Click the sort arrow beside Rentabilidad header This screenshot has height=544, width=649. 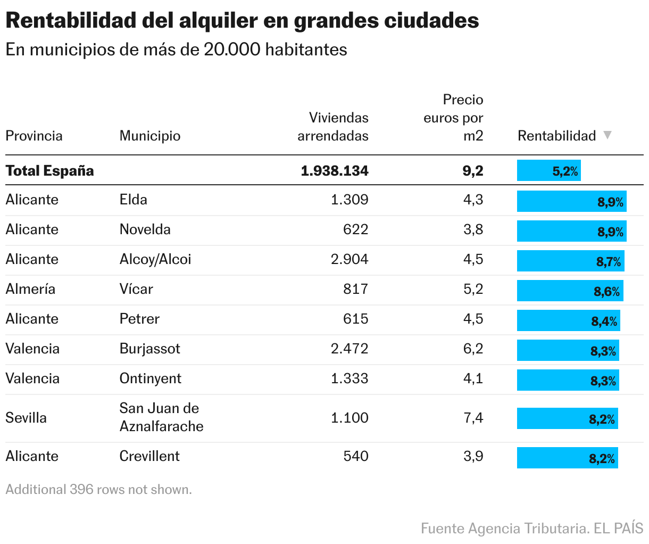point(608,135)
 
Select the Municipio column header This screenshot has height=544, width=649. point(149,136)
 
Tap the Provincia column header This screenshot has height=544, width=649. point(34,136)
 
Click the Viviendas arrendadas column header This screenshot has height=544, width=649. point(333,127)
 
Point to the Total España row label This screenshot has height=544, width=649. point(49,171)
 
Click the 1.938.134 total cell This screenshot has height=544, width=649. point(334,171)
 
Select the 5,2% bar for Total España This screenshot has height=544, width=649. point(548,171)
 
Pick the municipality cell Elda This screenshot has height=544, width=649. point(133,200)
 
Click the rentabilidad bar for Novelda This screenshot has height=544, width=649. point(571,232)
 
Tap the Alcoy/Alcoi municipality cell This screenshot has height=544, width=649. point(155,259)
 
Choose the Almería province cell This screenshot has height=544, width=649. point(30,289)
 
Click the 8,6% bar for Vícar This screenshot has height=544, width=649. point(570,291)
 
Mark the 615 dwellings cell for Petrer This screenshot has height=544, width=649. point(355,319)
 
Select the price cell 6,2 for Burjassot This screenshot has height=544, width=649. point(473,349)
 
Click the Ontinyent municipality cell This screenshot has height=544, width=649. point(150,378)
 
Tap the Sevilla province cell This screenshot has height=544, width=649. point(26,418)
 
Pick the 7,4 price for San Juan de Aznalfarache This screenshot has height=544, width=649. point(473,418)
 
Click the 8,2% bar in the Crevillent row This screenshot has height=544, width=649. point(567,458)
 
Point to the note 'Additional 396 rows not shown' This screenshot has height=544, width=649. point(98,489)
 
